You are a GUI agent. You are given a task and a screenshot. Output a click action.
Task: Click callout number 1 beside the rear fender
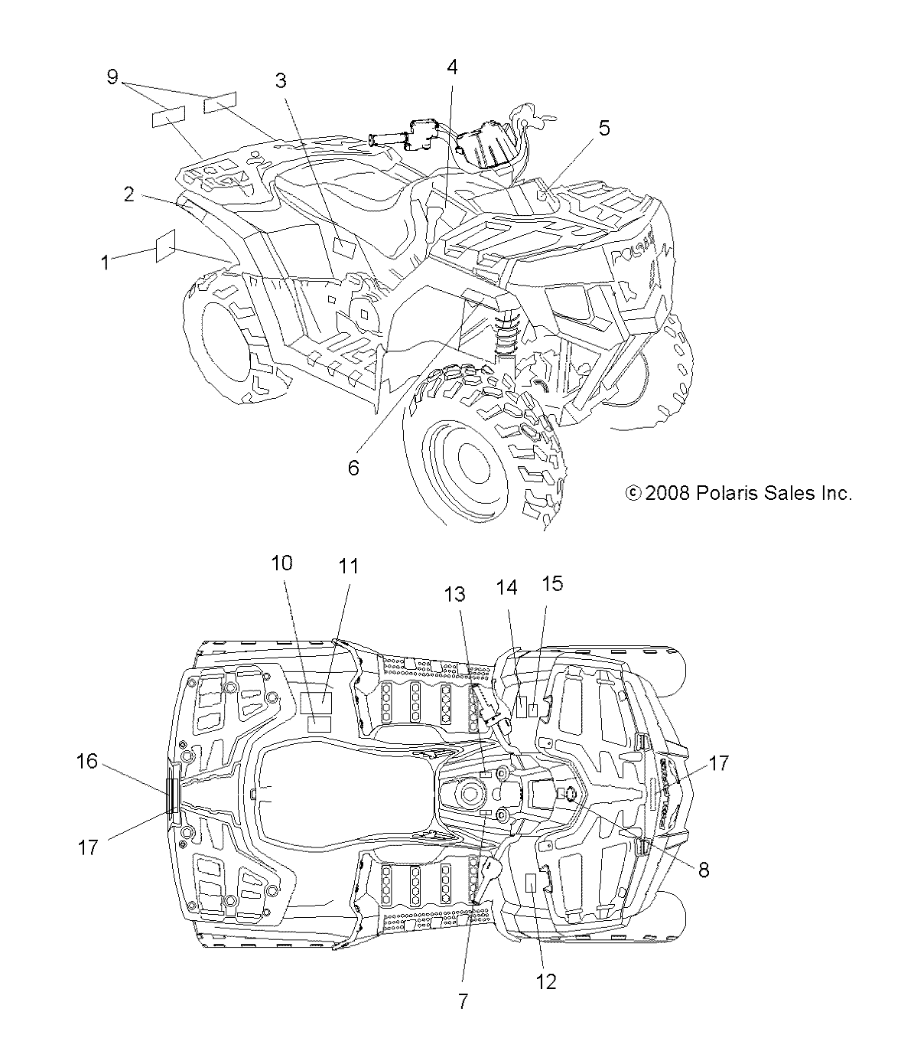point(106,263)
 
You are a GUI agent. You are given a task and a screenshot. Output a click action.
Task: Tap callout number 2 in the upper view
point(129,194)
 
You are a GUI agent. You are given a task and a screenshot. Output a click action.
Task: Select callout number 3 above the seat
point(281,80)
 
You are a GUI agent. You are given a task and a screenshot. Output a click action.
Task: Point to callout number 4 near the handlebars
point(452,67)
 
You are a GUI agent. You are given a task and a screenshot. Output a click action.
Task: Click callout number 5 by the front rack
point(604,129)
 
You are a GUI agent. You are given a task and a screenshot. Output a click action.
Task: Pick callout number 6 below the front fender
point(353,468)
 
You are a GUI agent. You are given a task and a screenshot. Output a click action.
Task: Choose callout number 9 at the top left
point(112,77)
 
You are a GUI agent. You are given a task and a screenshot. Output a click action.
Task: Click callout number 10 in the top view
point(281,563)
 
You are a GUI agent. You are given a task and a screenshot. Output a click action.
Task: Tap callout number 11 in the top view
point(349,566)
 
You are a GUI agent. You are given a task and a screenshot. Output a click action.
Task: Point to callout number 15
point(552,583)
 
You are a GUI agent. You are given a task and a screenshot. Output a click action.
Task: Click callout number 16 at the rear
point(86,762)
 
